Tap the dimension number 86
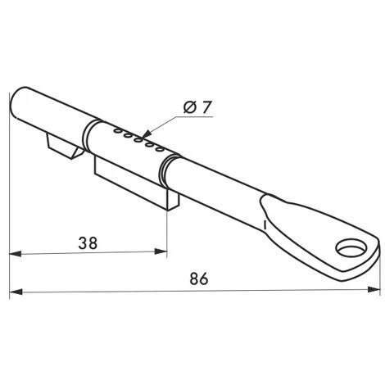198,279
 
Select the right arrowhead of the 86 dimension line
376,289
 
